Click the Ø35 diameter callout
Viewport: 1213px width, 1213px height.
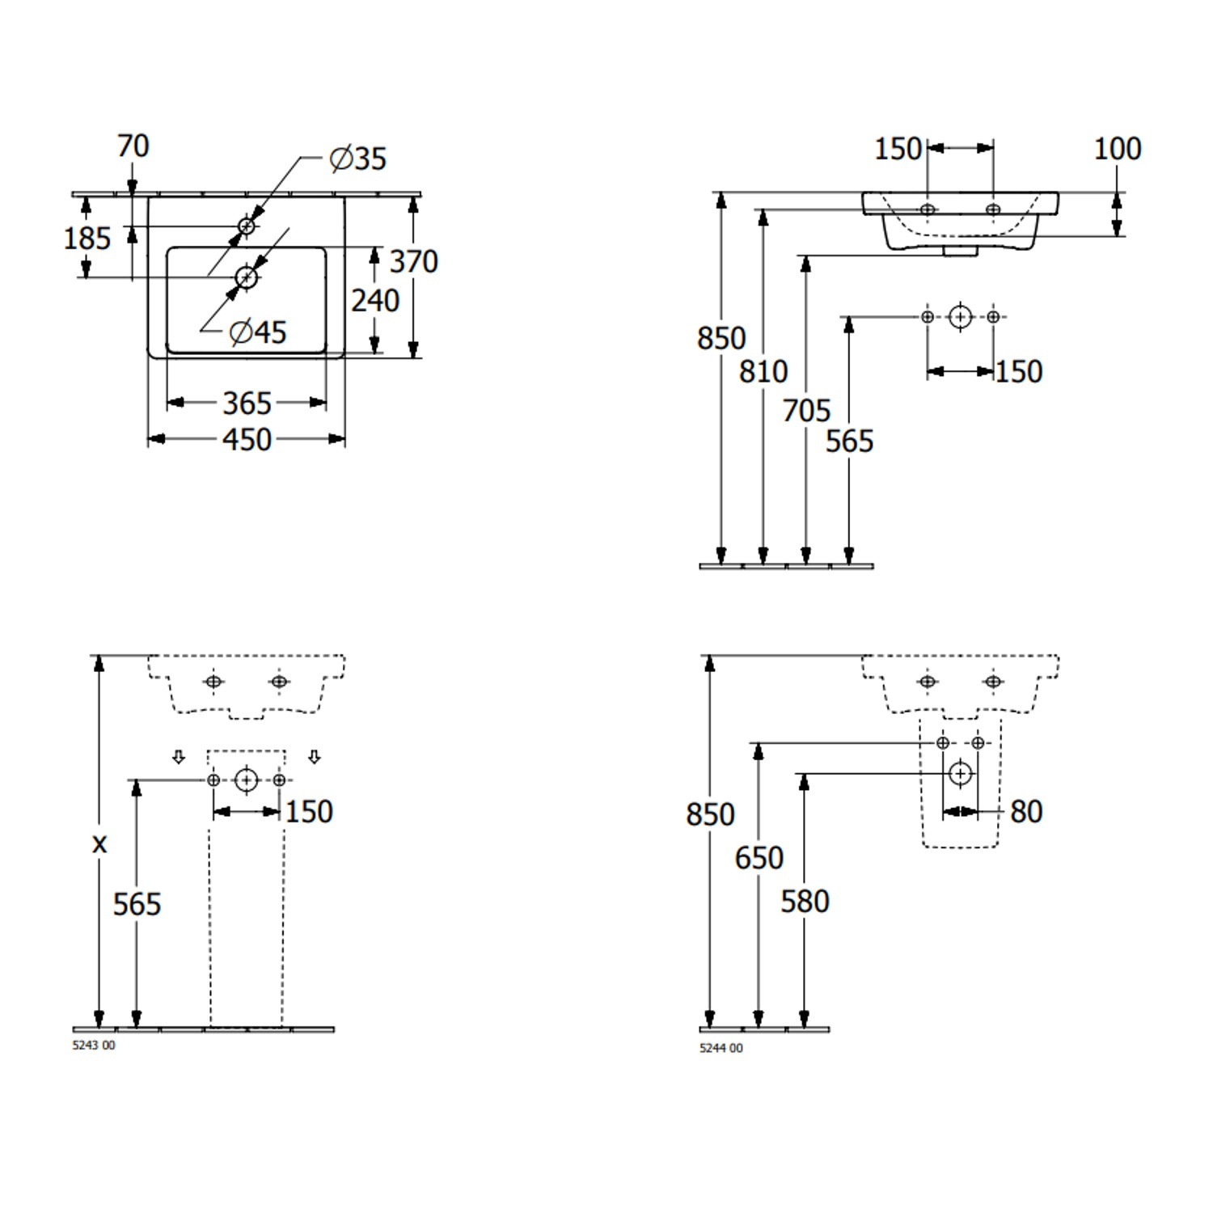point(358,158)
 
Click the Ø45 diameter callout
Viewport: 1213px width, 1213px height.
point(258,332)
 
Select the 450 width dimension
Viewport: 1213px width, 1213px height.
point(247,440)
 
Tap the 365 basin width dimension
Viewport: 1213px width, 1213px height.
point(247,403)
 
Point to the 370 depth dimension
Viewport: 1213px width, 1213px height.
point(414,261)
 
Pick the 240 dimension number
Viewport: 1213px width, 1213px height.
point(375,300)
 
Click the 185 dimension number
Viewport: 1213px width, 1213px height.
point(87,238)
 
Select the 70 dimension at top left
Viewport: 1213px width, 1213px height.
point(133,146)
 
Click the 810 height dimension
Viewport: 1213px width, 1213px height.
point(763,371)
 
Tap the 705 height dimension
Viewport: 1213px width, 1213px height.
point(806,410)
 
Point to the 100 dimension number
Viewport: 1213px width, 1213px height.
point(1118,148)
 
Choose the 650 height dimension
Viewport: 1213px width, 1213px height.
point(759,857)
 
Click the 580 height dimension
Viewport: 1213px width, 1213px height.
point(805,901)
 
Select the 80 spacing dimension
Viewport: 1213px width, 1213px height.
point(1026,811)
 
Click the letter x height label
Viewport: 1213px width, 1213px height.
point(99,844)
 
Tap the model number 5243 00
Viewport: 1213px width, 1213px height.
point(94,1045)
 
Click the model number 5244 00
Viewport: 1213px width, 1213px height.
point(721,1048)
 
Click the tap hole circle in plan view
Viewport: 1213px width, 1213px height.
point(247,226)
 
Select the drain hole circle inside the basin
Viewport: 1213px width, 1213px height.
point(247,277)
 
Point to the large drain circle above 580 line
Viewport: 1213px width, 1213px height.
point(961,774)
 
